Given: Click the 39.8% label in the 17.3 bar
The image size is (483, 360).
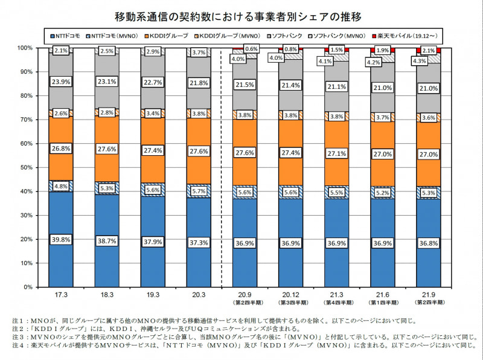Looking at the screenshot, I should (61, 239).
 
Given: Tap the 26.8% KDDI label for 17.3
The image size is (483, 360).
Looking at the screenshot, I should (61, 149).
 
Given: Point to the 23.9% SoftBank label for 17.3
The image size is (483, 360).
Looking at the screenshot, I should (61, 80).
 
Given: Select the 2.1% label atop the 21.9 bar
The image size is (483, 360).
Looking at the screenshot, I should (428, 51).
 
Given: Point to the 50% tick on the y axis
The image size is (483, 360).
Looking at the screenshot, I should (26, 167).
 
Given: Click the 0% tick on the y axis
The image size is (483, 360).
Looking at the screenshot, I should (28, 287).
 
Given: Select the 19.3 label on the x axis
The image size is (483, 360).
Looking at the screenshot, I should (153, 295).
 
